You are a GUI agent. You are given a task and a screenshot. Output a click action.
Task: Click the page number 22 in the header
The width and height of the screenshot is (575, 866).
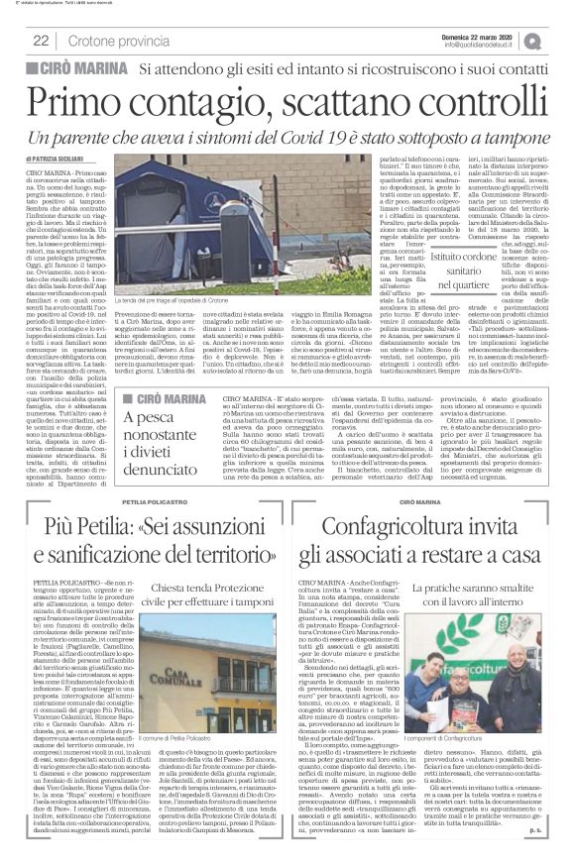click(42, 41)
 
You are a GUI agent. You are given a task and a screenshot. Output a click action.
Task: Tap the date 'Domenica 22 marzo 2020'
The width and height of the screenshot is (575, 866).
click(495, 35)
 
